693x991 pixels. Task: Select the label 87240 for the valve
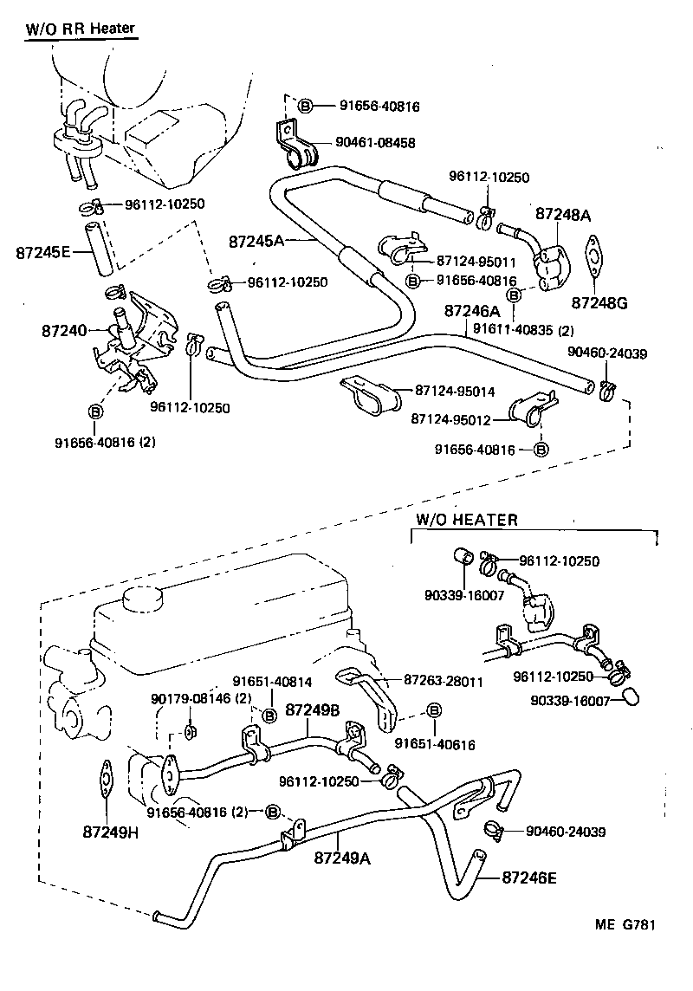[x=65, y=330]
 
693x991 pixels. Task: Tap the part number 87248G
[x=597, y=302]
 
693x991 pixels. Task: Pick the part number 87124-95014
[x=455, y=392]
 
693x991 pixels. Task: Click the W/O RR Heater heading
[x=79, y=29]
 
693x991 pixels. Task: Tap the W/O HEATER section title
[x=466, y=521]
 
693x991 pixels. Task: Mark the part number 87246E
[x=529, y=877]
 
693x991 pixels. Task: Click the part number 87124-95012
[x=451, y=419]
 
